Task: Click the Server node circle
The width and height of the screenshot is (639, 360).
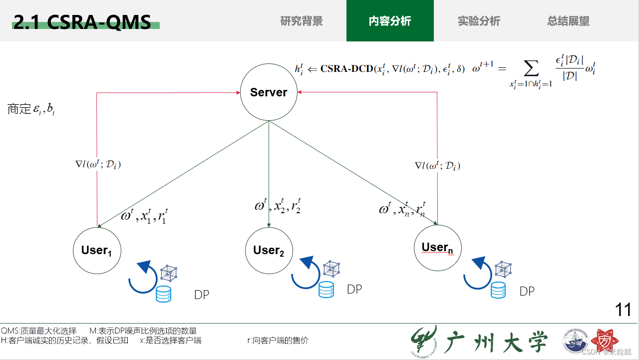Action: (x=269, y=92)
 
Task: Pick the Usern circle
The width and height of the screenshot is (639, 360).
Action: (x=437, y=247)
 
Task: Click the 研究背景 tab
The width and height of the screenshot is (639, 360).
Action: (x=302, y=21)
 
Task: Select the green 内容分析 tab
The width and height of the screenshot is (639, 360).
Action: (x=390, y=21)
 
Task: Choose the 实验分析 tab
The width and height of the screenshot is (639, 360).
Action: (x=479, y=21)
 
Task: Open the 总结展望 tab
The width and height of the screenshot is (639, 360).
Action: (x=568, y=21)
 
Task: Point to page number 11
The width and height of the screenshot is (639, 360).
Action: (x=624, y=310)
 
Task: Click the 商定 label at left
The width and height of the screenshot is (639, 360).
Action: (x=19, y=109)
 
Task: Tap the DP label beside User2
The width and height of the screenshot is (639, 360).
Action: (x=354, y=289)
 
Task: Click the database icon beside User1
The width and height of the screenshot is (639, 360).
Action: (x=163, y=294)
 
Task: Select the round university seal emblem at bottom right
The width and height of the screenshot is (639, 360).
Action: (x=576, y=343)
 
